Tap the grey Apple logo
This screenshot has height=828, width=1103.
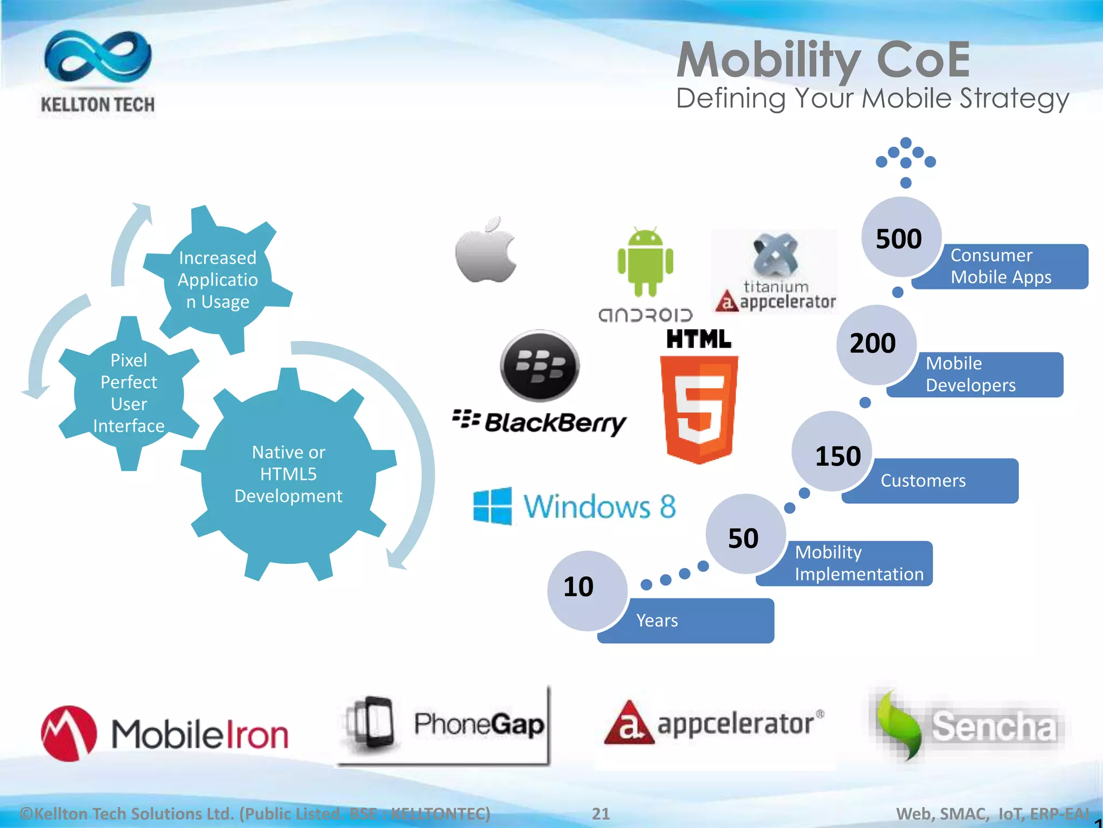(486, 251)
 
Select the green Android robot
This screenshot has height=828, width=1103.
(645, 262)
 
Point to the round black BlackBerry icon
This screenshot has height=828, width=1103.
(540, 366)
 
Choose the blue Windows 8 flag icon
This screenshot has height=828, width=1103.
(492, 506)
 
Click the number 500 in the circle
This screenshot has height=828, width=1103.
(899, 239)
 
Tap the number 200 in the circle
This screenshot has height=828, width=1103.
(872, 343)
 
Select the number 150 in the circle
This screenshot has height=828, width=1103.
(837, 456)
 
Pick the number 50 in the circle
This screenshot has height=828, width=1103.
(743, 538)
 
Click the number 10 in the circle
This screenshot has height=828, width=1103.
(578, 586)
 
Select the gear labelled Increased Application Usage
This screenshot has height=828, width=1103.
(218, 280)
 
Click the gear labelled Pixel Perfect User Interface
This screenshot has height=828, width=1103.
(129, 393)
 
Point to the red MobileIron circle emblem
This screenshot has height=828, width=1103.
(69, 733)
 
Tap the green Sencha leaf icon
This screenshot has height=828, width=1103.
(897, 725)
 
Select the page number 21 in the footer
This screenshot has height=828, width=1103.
(601, 813)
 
